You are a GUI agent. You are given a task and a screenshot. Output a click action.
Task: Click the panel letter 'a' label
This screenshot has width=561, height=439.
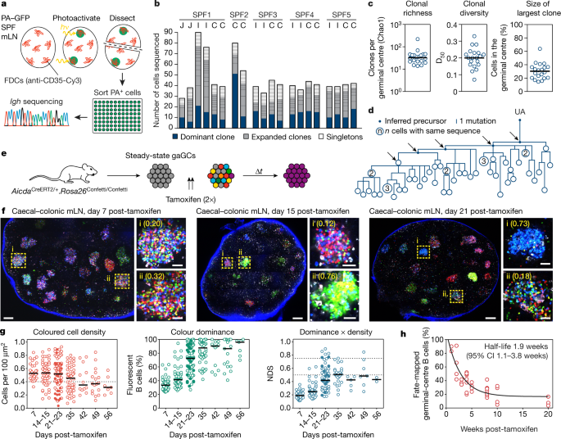(5, 5)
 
